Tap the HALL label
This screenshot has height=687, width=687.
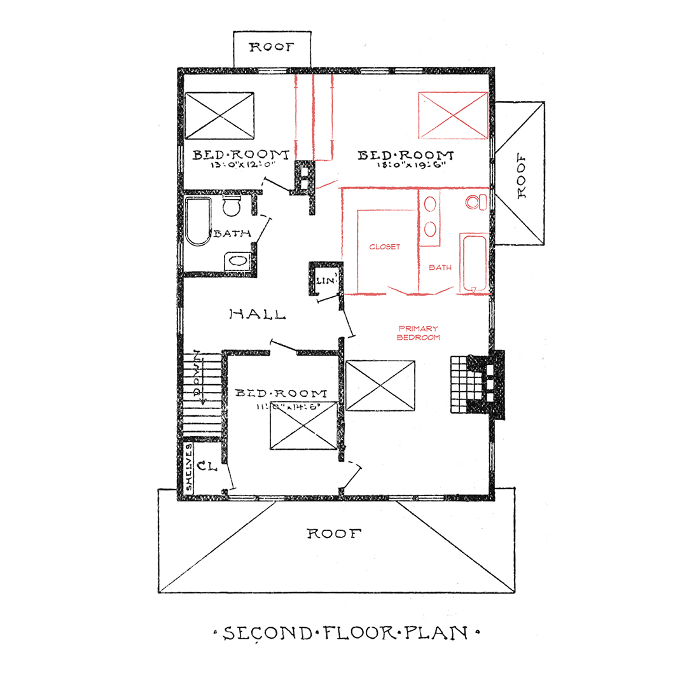coord(257,314)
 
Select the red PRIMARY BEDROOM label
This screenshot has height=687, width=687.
coord(418,333)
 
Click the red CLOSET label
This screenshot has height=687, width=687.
coord(385,247)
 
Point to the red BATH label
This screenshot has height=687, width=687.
coord(440,268)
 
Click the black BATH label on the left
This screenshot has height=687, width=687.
coord(232,233)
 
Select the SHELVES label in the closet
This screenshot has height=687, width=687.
coord(190,468)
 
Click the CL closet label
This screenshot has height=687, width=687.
coord(207,466)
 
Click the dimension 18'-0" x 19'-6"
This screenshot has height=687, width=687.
coord(405,165)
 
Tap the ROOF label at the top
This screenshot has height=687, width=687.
coord(272,48)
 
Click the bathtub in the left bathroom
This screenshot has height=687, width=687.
coord(198,221)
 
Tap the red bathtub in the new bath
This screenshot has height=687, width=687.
coord(474,263)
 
